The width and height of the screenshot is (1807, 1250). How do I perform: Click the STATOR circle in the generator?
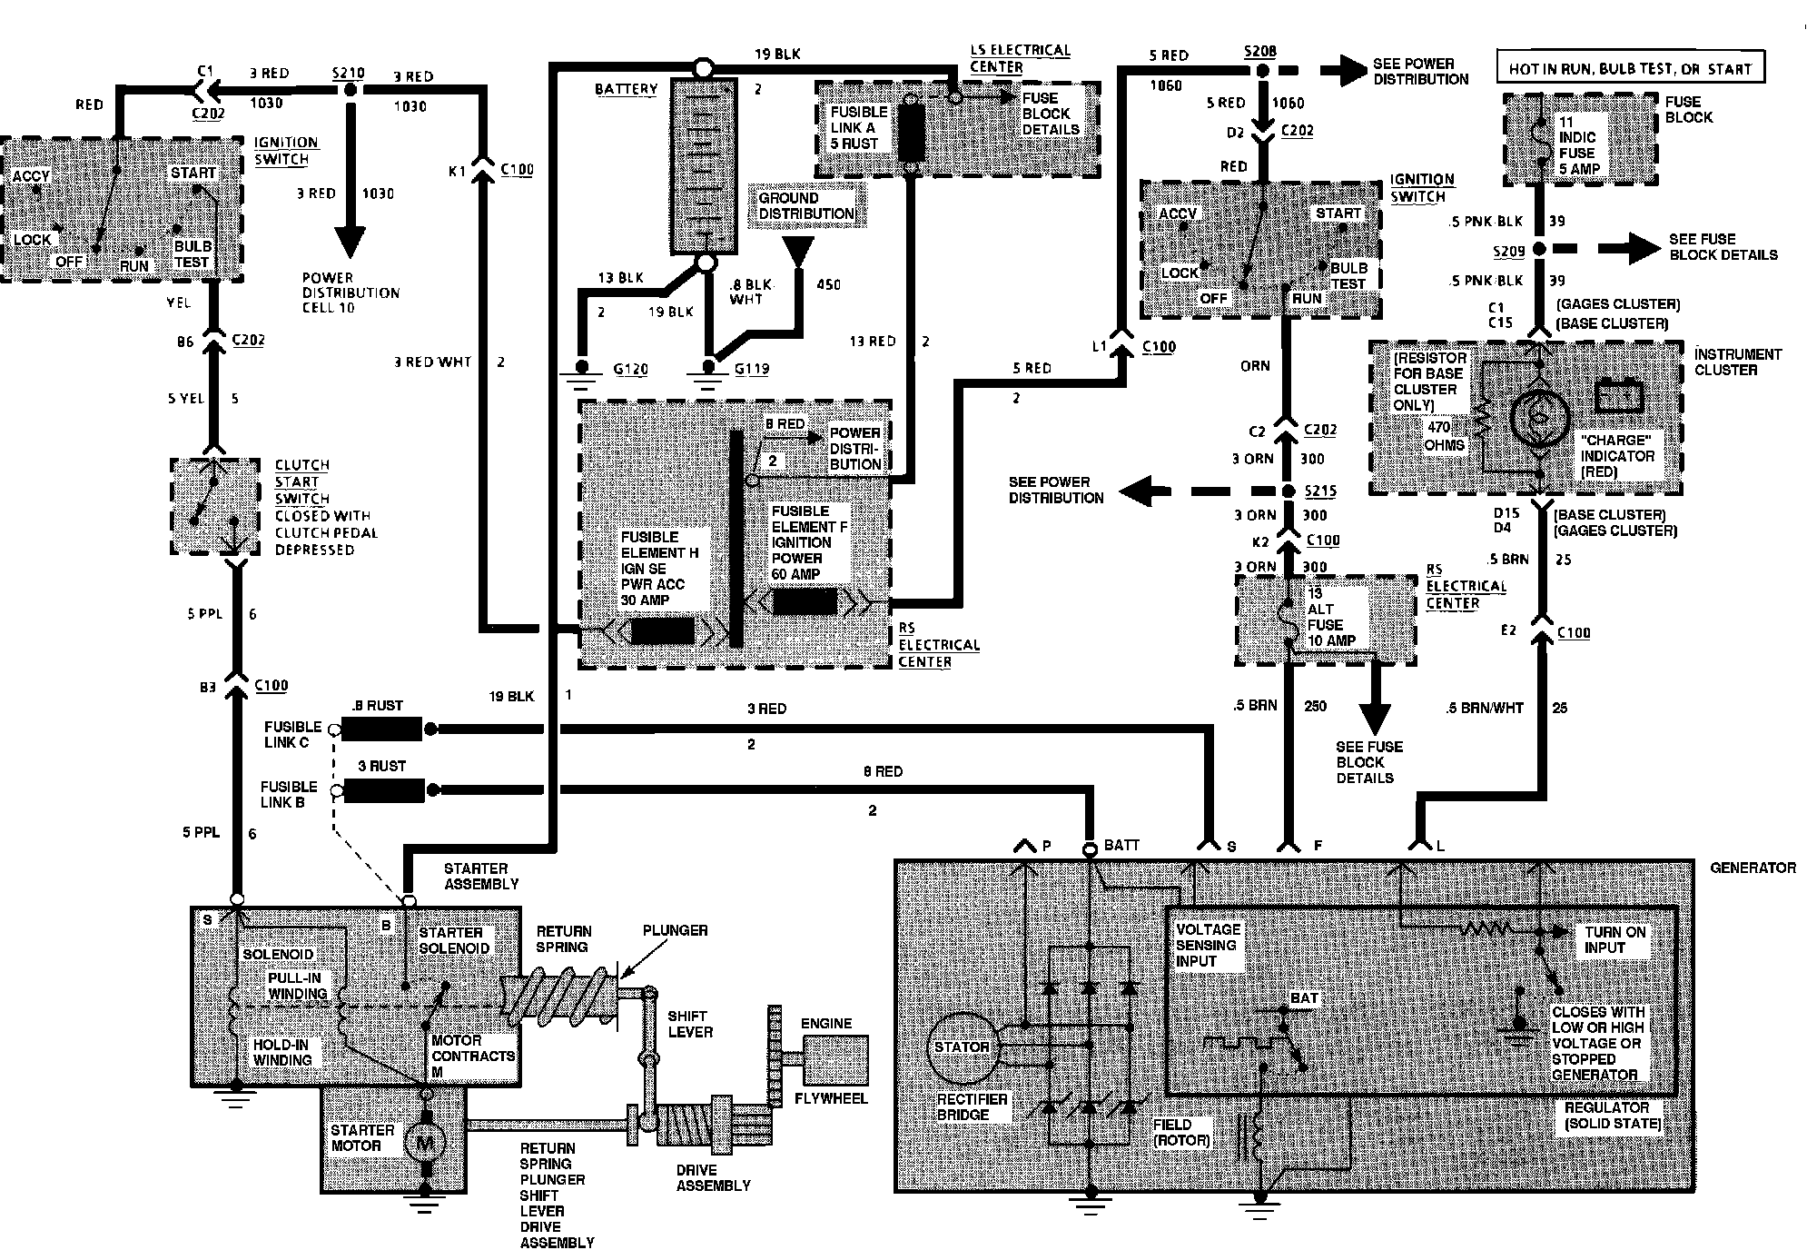click(963, 1047)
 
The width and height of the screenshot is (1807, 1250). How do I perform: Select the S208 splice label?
click(1259, 51)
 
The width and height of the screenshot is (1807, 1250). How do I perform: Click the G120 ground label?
click(630, 370)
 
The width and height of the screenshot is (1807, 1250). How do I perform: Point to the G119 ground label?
click(752, 370)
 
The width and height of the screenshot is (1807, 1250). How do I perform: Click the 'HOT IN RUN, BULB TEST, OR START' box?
click(1630, 68)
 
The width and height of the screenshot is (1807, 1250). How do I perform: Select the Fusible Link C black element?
click(382, 729)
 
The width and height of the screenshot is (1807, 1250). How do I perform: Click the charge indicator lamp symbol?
click(1541, 416)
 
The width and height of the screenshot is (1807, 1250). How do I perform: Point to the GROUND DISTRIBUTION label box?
click(805, 206)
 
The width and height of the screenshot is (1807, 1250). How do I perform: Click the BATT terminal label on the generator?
click(1121, 846)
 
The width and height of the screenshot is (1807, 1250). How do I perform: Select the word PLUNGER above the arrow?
click(675, 930)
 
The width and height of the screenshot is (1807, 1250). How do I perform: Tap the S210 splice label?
click(348, 72)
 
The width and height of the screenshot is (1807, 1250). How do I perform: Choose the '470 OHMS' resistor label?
click(1444, 436)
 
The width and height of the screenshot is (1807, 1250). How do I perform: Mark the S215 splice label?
click(1319, 491)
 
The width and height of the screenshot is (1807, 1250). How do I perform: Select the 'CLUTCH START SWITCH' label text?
click(302, 481)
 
